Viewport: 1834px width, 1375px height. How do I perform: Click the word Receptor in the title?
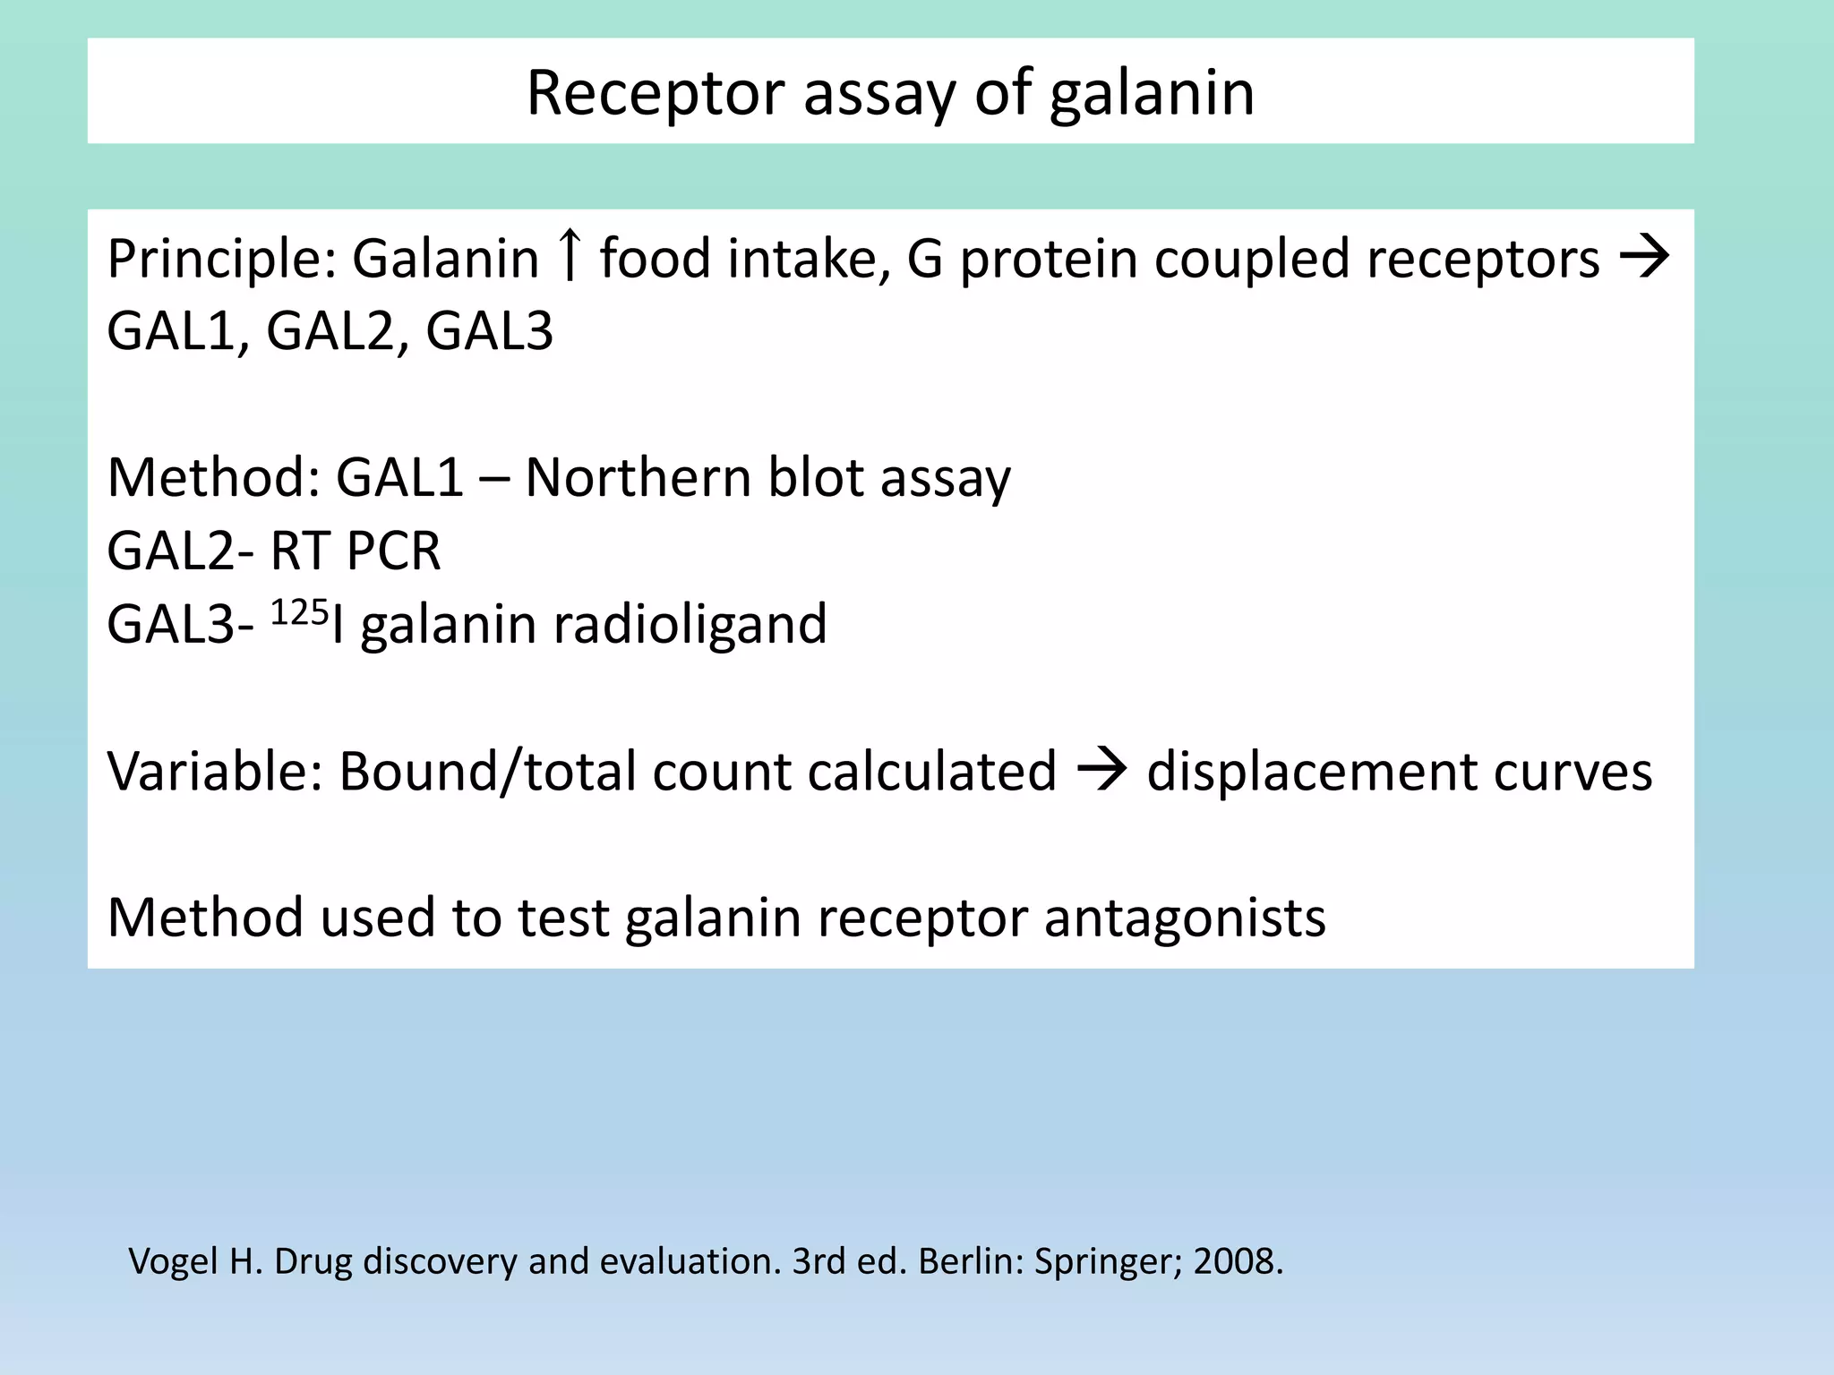tap(656, 94)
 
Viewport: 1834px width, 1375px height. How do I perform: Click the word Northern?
tap(638, 477)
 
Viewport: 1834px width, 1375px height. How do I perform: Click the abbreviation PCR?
tap(393, 551)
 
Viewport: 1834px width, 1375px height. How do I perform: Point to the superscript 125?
tap(299, 612)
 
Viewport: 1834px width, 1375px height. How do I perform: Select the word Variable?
tap(214, 771)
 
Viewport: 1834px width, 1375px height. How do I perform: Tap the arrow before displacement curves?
tap(1101, 771)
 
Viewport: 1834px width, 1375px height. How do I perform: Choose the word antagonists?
tap(1184, 918)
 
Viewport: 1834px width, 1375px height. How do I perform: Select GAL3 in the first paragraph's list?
tap(489, 331)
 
